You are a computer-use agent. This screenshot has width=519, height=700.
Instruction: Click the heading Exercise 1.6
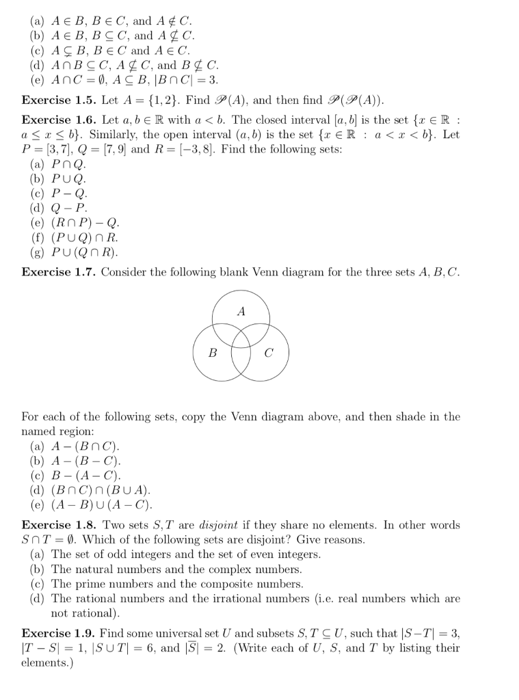[x=58, y=120]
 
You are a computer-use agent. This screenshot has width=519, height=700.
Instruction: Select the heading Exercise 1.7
[x=58, y=272]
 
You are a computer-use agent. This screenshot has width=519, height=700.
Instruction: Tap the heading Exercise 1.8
[x=58, y=525]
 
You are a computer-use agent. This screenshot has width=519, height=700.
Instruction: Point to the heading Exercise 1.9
[x=58, y=633]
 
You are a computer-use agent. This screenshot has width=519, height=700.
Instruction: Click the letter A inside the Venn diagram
[x=241, y=311]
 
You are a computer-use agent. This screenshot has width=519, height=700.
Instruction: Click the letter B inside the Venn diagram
[x=213, y=353]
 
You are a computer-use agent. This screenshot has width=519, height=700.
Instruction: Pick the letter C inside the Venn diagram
[x=268, y=353]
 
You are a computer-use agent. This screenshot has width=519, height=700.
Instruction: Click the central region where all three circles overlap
[x=241, y=338]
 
